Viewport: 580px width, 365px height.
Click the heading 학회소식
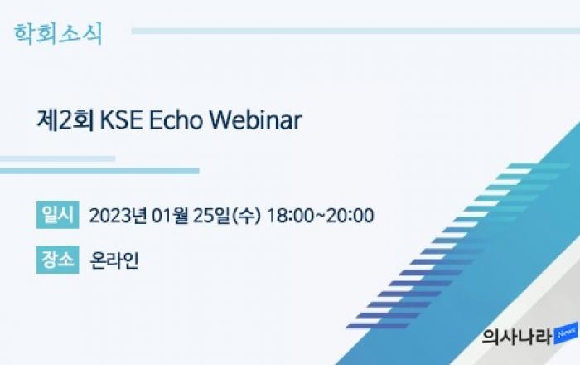[58, 34]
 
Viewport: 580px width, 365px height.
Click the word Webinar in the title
[255, 120]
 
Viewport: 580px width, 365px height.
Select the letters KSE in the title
[121, 120]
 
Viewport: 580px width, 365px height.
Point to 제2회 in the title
[65, 120]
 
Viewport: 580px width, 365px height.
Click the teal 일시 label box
[58, 215]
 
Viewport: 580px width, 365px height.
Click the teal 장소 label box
[58, 260]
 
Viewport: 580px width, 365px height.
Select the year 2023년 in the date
[118, 216]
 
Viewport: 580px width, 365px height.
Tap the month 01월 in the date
[170, 216]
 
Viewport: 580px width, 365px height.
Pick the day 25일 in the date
[211, 216]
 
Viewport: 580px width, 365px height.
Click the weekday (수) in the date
[246, 216]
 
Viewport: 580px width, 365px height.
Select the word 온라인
[114, 260]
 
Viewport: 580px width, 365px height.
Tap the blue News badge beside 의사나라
[566, 333]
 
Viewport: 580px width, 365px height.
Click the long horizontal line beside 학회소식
[355, 31]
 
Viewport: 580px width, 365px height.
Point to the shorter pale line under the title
[57, 158]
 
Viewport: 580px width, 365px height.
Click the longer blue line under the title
[99, 171]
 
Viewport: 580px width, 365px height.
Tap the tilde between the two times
[321, 216]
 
